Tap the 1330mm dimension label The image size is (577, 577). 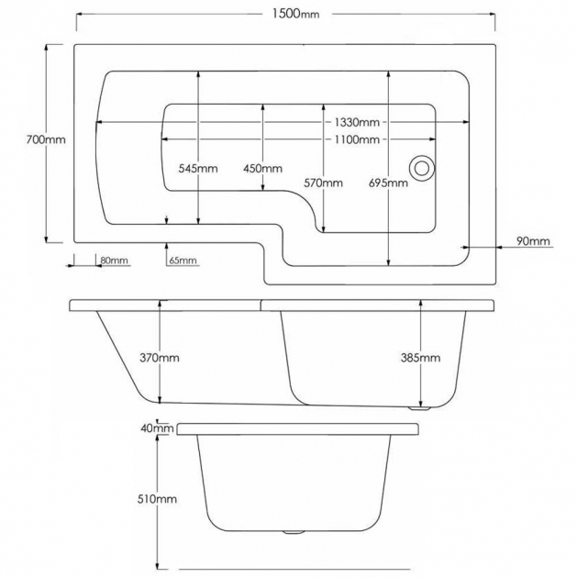[x=357, y=123]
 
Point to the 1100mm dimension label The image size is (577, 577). [x=357, y=139]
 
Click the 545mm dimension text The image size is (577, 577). [x=198, y=169]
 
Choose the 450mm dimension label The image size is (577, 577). [x=262, y=169]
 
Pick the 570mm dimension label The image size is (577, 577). [x=324, y=183]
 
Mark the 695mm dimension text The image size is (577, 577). [x=389, y=183]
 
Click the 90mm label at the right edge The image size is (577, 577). [x=533, y=241]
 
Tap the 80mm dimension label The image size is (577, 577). [x=115, y=261]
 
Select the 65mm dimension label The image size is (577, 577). [x=183, y=261]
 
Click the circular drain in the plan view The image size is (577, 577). [x=423, y=168]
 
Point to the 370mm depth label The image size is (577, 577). [x=161, y=357]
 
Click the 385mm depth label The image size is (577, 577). [x=421, y=357]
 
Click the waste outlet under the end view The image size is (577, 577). [x=294, y=531]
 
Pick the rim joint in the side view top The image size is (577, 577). [x=261, y=302]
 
